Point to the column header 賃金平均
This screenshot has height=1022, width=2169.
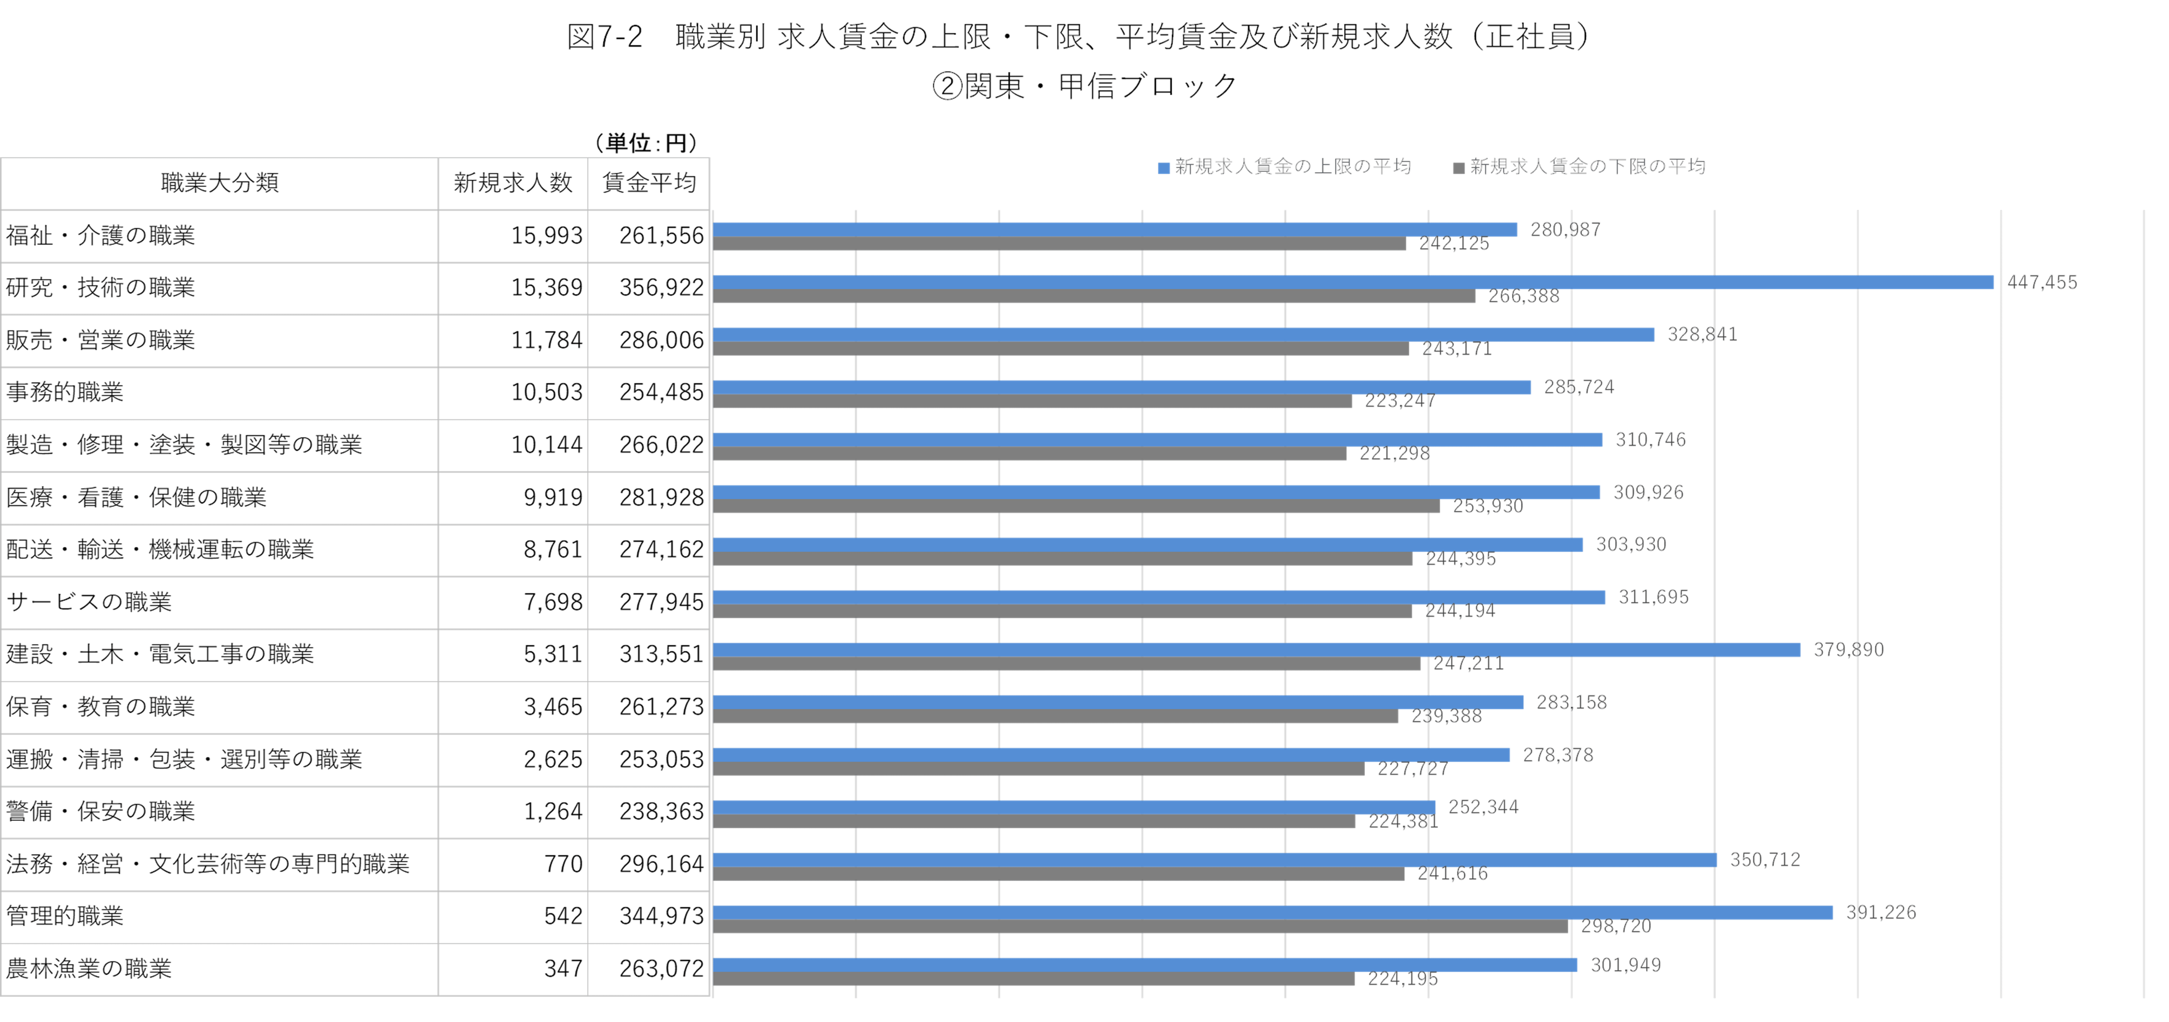click(x=648, y=183)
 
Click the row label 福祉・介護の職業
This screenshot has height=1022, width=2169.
click(x=100, y=236)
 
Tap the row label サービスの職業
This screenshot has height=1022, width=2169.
click(x=88, y=602)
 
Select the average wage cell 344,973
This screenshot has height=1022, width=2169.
click(x=661, y=916)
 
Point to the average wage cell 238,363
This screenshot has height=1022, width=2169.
click(x=661, y=812)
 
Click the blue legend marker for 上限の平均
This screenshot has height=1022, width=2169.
click(x=1164, y=168)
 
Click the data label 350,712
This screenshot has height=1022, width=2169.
click(x=1765, y=859)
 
